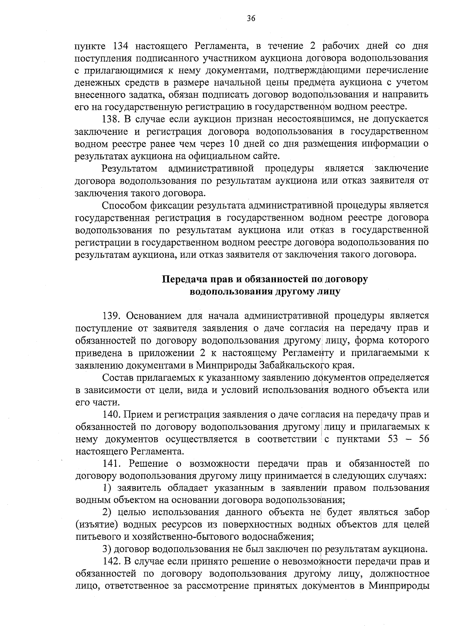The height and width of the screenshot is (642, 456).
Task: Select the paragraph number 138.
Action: [x=111, y=119]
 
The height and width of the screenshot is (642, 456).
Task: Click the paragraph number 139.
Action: [x=111, y=316]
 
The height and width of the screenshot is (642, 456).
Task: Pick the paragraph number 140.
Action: [x=111, y=415]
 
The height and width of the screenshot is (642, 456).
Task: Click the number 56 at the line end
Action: [x=423, y=439]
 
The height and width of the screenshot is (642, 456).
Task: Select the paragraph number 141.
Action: [x=111, y=464]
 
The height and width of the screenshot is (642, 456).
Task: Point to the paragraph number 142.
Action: [x=111, y=562]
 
